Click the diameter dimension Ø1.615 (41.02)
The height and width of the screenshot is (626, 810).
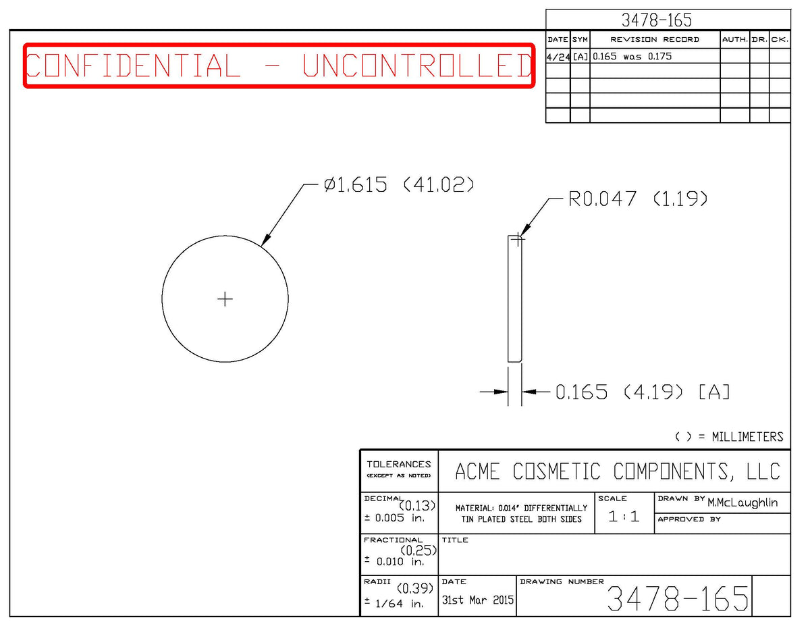[x=399, y=184]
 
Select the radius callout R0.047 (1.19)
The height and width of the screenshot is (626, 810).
[x=637, y=199]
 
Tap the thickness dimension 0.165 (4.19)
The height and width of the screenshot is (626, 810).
[x=619, y=392]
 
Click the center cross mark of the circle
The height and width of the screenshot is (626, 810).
[x=225, y=299]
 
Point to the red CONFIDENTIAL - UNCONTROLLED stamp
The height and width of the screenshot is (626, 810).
[x=279, y=66]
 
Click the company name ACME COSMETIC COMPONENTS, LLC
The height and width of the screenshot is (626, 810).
[x=618, y=471]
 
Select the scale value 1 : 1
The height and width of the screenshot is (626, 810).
[x=624, y=517]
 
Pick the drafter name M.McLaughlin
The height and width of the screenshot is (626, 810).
[x=742, y=502]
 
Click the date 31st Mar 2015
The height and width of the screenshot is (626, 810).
[x=477, y=600]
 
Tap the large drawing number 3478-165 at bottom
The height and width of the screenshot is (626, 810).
[x=678, y=598]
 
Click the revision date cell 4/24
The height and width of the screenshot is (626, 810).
[x=558, y=57]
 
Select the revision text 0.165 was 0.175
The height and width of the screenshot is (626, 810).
[x=632, y=56]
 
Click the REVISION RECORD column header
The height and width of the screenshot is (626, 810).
[x=655, y=40]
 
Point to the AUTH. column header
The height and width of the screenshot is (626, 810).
[x=735, y=40]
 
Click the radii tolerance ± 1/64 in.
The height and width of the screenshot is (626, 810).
[x=394, y=603]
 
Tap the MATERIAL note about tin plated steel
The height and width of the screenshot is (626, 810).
[x=521, y=513]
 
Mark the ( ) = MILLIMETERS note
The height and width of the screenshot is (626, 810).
[x=729, y=437]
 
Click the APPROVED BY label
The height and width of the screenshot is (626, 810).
[x=689, y=519]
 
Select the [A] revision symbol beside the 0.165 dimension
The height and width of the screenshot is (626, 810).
[x=714, y=392]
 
